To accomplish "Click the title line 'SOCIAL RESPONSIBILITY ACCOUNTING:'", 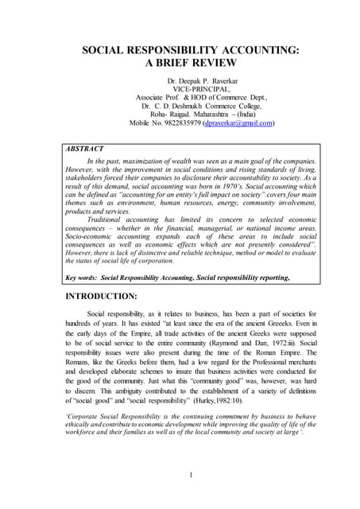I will (180, 50).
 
